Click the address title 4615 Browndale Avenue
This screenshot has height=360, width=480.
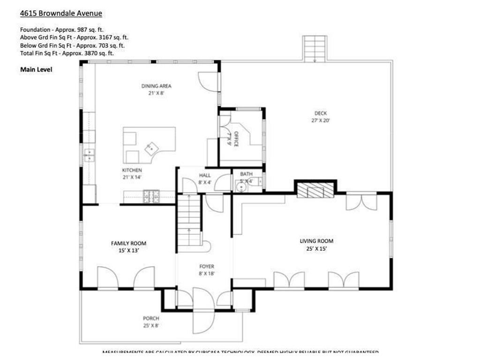coord(61,14)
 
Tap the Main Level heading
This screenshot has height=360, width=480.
coord(36,69)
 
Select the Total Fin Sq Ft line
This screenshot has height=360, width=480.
coord(67,53)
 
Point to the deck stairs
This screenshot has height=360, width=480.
coord(315,48)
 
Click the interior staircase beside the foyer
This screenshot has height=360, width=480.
coord(189,220)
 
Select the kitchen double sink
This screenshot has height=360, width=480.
coord(89,155)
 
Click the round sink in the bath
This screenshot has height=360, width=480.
coord(241,187)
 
